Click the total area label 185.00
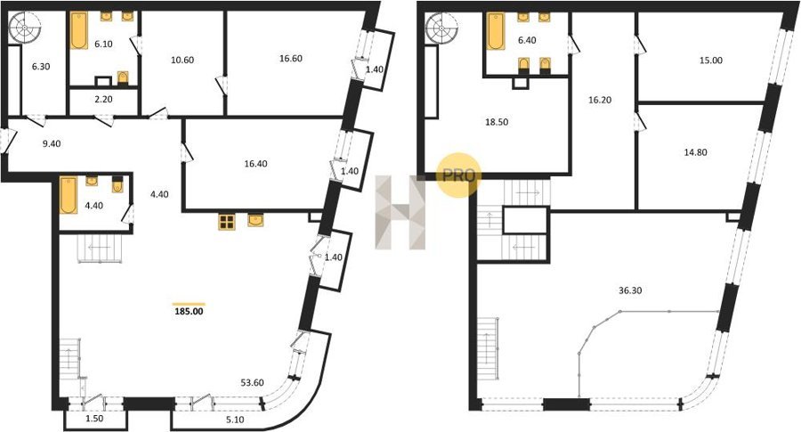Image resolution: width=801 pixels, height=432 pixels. pyautogui.click(x=189, y=310)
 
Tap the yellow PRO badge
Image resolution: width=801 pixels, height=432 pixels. pyautogui.click(x=458, y=175)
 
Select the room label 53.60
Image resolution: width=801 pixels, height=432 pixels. pyautogui.click(x=253, y=383)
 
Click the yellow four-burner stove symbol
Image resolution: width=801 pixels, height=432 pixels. pyautogui.click(x=227, y=222)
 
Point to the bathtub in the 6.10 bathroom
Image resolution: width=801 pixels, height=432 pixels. pyautogui.click(x=79, y=30)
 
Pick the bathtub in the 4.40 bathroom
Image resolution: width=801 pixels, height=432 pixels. pyautogui.click(x=69, y=195)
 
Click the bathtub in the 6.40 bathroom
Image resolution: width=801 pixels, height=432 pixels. pyautogui.click(x=496, y=31)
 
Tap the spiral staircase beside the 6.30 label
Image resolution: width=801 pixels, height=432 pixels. pyautogui.click(x=25, y=29)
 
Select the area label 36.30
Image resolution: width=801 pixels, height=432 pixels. pyautogui.click(x=630, y=290)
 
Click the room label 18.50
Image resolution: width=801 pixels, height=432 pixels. pyautogui.click(x=497, y=122)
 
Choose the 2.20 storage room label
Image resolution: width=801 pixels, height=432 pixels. pyautogui.click(x=103, y=99)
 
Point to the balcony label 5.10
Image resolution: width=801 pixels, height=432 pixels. pyautogui.click(x=235, y=420)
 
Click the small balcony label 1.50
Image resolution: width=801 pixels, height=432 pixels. pyautogui.click(x=94, y=419)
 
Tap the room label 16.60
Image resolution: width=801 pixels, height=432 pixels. pyautogui.click(x=291, y=58)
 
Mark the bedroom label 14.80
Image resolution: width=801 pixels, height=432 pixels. pyautogui.click(x=696, y=151)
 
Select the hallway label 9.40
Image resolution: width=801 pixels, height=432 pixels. pyautogui.click(x=52, y=143)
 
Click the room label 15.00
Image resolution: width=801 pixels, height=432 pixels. pyautogui.click(x=710, y=60)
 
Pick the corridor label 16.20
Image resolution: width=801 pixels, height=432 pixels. pyautogui.click(x=600, y=100)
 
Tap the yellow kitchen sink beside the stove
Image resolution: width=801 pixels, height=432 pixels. pyautogui.click(x=256, y=220)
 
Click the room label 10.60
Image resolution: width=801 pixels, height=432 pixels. pyautogui.click(x=182, y=60)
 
